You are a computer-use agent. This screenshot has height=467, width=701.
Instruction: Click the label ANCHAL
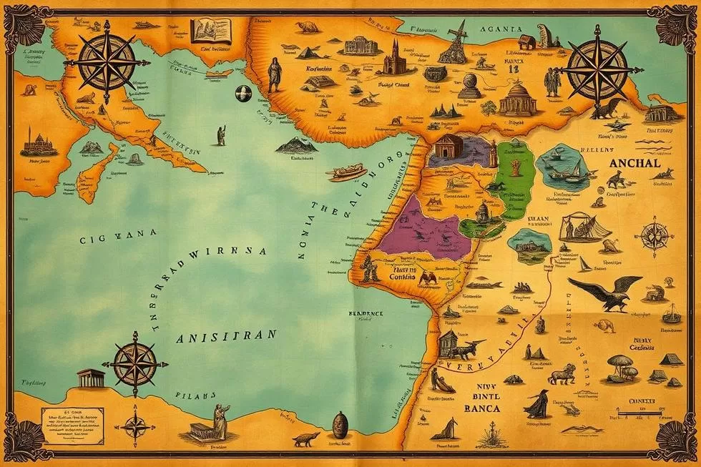[636, 162]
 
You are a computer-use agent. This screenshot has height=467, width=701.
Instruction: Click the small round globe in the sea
[241, 92]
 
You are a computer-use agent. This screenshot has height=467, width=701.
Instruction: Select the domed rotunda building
[518, 99]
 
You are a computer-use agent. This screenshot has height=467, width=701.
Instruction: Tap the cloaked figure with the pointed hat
[537, 404]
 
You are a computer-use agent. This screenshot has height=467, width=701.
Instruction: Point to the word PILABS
[195, 393]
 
